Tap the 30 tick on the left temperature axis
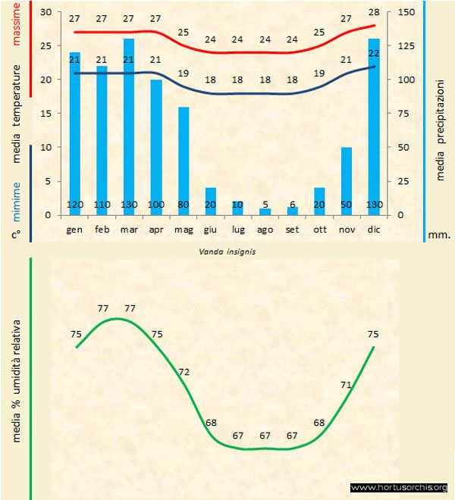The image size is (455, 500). point(45,12)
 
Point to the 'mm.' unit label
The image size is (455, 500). point(439,235)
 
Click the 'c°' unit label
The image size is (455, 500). point(16,235)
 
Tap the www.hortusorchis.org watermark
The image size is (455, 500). point(400,487)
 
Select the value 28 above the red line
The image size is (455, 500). point(373,13)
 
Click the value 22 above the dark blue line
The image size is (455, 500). point(373,52)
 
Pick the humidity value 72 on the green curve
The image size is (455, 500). point(184,372)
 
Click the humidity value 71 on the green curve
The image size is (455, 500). point(346,385)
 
